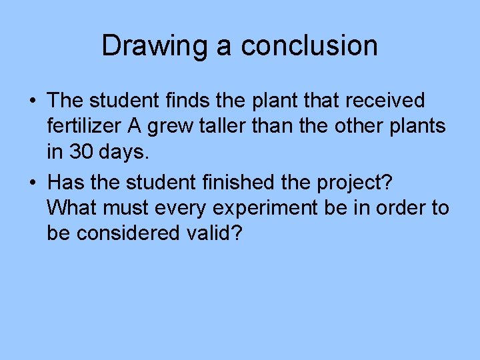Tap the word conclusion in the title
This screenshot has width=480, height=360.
pyautogui.click(x=309, y=46)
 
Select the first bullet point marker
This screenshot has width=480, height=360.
pyautogui.click(x=31, y=101)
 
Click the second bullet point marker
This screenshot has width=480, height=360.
pyautogui.click(x=31, y=182)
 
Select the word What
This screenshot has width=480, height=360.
pyautogui.click(x=73, y=207)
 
